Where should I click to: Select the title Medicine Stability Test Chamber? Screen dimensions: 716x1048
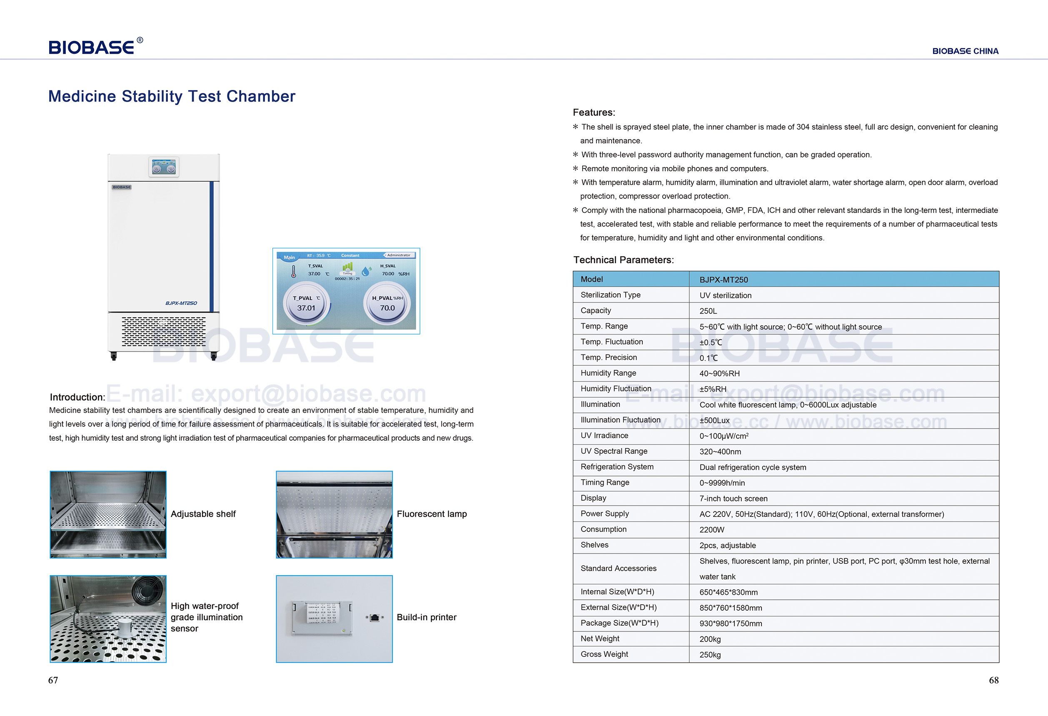pyautogui.click(x=171, y=97)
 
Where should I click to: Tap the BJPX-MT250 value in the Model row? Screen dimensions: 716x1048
pyautogui.click(x=724, y=279)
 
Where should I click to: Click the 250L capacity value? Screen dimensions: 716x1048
pyautogui.click(x=708, y=311)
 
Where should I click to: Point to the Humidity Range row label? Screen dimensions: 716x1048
pyautogui.click(x=608, y=373)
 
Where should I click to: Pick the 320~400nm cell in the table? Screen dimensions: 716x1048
pyautogui.click(x=720, y=452)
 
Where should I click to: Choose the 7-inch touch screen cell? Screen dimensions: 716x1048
pyautogui.click(x=733, y=498)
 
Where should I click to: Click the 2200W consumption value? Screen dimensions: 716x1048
pyautogui.click(x=711, y=529)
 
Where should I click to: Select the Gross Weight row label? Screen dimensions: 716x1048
pyautogui.click(x=604, y=654)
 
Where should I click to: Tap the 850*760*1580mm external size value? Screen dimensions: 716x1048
pyautogui.click(x=731, y=608)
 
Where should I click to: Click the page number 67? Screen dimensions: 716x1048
pyautogui.click(x=53, y=680)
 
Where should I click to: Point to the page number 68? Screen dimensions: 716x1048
pyautogui.click(x=993, y=680)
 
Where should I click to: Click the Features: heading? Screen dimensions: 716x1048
pyautogui.click(x=594, y=112)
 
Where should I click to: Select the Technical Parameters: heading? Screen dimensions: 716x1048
pyautogui.click(x=623, y=260)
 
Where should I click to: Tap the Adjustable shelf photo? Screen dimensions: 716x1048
pyautogui.click(x=108, y=514)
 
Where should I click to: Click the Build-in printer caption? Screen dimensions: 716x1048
pyautogui.click(x=426, y=617)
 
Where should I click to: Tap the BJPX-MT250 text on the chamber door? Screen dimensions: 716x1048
pyautogui.click(x=181, y=303)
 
